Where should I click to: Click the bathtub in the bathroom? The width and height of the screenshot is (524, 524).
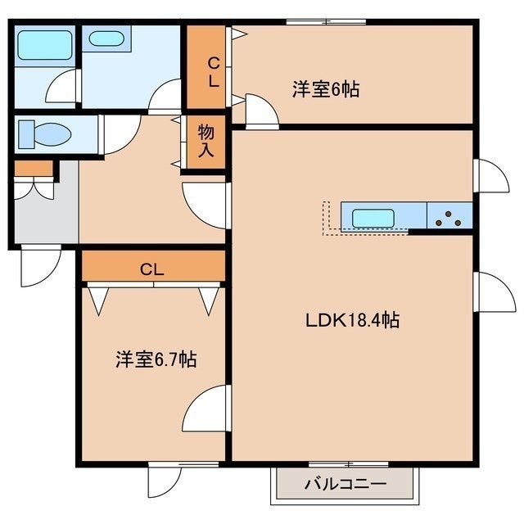tap(45, 45)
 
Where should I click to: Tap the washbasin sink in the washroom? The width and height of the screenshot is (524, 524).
tap(106, 38)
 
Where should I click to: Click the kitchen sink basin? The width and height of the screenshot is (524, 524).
tap(373, 218)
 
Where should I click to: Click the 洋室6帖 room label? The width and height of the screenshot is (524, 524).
tap(326, 89)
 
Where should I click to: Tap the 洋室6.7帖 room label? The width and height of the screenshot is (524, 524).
tap(156, 359)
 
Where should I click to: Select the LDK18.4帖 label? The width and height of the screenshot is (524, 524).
tap(353, 320)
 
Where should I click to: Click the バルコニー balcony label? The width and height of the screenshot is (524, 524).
tap(346, 484)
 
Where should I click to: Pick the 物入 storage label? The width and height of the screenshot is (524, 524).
tap(206, 141)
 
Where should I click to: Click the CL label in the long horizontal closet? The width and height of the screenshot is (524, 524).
tap(152, 269)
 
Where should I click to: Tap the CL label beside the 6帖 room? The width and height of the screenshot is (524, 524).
tap(214, 72)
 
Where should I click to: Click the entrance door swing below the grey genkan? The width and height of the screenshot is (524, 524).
tap(41, 266)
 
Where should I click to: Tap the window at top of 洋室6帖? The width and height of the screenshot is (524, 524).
tap(326, 22)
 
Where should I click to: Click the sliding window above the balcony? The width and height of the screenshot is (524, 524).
tap(348, 464)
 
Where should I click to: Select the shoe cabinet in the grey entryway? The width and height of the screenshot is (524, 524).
tap(34, 169)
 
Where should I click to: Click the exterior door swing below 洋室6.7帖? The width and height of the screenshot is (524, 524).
tap(165, 481)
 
